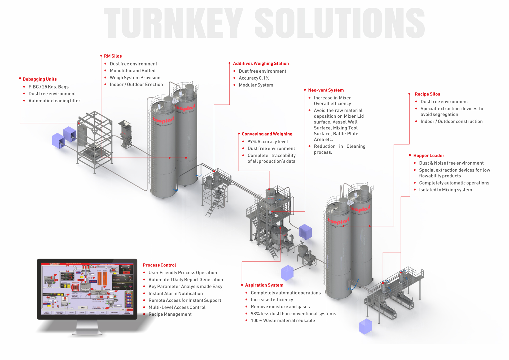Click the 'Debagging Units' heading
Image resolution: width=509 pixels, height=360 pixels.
40,79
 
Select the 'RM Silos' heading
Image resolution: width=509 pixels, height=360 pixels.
113,56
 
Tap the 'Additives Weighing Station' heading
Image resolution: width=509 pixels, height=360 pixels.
261,63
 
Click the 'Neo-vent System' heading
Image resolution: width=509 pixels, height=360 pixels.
326,90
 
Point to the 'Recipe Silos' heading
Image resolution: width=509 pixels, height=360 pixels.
427,94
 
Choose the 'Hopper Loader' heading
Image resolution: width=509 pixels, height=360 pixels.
428,156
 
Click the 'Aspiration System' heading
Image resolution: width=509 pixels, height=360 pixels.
264,285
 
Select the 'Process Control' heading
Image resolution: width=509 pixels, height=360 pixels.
159,265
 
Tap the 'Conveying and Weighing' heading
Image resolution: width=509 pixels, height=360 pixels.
267,134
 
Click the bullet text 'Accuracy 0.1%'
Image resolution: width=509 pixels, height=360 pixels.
254,78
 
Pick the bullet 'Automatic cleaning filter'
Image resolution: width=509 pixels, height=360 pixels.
54,101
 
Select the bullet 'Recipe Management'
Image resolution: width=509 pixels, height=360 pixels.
170,314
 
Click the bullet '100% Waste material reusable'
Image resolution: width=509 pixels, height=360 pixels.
283,321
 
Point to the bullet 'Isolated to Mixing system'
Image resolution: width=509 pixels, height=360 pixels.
445,190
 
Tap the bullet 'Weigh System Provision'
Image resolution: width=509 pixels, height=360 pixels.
135,78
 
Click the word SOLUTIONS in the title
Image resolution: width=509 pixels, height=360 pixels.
339,23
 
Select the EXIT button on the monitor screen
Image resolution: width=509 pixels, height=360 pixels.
83,308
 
